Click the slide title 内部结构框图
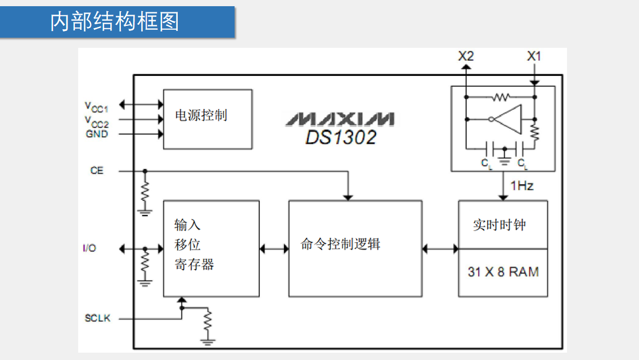click(115, 22)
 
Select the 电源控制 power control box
click(207, 119)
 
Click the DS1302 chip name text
click(341, 137)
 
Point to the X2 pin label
click(466, 56)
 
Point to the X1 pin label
click(534, 56)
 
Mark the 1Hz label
click(521, 186)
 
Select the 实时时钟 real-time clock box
click(502, 224)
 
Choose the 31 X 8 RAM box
click(503, 272)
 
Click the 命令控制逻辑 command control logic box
click(355, 248)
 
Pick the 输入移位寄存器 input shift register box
click(211, 248)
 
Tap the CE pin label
click(97, 170)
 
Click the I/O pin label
click(89, 248)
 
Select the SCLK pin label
click(98, 318)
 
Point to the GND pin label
click(97, 134)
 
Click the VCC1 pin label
click(96, 106)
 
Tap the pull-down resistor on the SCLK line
click(208, 322)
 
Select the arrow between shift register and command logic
click(274, 248)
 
